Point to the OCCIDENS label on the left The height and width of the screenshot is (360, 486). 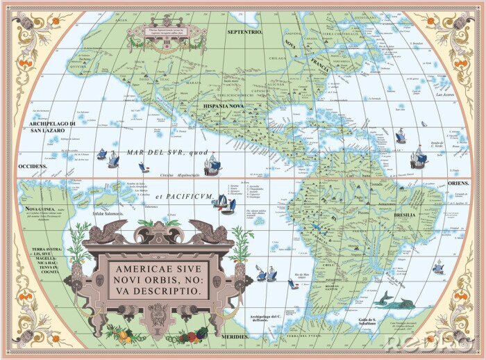coord(32,167)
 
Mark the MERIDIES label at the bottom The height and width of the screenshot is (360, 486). coord(236,336)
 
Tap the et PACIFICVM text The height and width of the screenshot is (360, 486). coord(184,197)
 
